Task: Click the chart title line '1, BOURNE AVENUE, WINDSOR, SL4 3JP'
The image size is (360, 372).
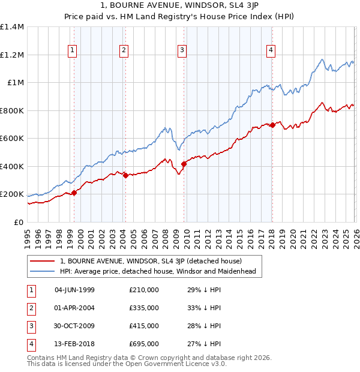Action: coord(180,5)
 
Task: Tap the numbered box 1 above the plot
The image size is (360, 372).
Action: coord(72,50)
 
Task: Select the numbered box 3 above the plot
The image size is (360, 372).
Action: coord(182,50)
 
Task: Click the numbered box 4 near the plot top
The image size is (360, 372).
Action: coord(271,50)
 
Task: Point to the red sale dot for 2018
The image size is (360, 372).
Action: coord(272,125)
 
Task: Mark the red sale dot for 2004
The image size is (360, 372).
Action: coord(125,175)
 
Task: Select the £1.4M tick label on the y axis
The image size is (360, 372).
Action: coord(12,27)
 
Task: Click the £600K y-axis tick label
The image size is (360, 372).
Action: coord(12,139)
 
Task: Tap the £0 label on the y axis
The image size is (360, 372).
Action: coord(19,222)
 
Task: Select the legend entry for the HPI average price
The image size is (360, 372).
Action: coord(158,272)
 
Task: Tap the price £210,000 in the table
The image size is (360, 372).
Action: coord(143,290)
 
